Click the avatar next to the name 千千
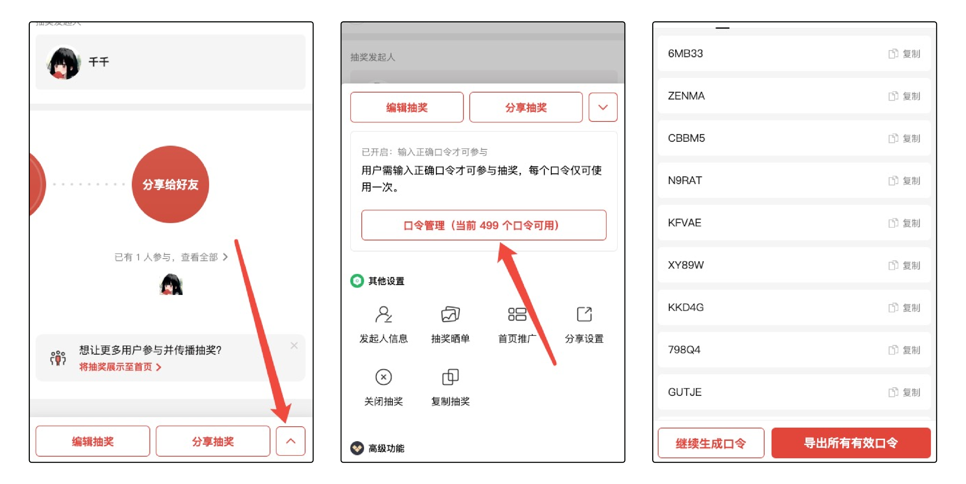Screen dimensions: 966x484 point(63,62)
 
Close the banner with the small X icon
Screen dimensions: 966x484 point(294,345)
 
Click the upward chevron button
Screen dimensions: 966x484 point(291,441)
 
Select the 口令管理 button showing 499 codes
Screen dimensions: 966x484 point(484,225)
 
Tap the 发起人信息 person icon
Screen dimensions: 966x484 point(383,314)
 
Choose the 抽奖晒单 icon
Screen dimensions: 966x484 point(450,314)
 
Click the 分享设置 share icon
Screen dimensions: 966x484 point(584,314)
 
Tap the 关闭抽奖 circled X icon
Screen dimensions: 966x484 point(383,377)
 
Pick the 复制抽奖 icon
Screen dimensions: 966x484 point(450,377)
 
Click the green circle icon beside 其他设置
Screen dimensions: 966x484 point(357,281)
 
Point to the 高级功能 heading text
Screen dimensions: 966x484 point(386,448)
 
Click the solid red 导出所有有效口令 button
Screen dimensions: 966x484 point(851,443)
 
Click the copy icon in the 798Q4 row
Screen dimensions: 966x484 point(893,350)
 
